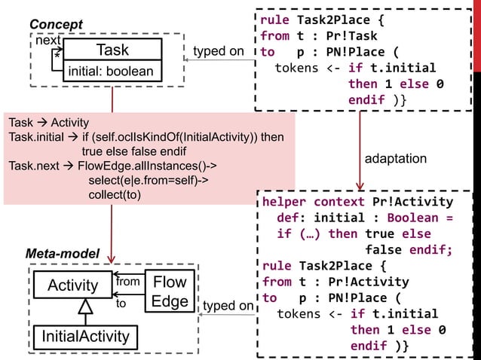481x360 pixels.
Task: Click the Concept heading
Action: tap(56, 25)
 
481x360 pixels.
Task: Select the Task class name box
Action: tap(112, 50)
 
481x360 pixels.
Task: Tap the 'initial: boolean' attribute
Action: tap(112, 72)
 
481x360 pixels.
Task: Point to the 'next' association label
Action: tap(50, 41)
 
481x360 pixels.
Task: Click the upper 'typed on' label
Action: tap(219, 51)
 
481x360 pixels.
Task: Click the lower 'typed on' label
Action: tap(228, 306)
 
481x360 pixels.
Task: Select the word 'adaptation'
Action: tap(396, 159)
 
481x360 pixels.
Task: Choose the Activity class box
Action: tap(73, 285)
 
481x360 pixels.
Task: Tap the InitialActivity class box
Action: tap(84, 335)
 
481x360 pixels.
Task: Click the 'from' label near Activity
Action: tap(128, 281)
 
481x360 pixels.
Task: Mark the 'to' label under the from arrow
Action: tap(121, 304)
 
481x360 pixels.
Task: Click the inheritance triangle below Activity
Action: tap(85, 307)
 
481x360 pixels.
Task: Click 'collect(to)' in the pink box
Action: tap(115, 194)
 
